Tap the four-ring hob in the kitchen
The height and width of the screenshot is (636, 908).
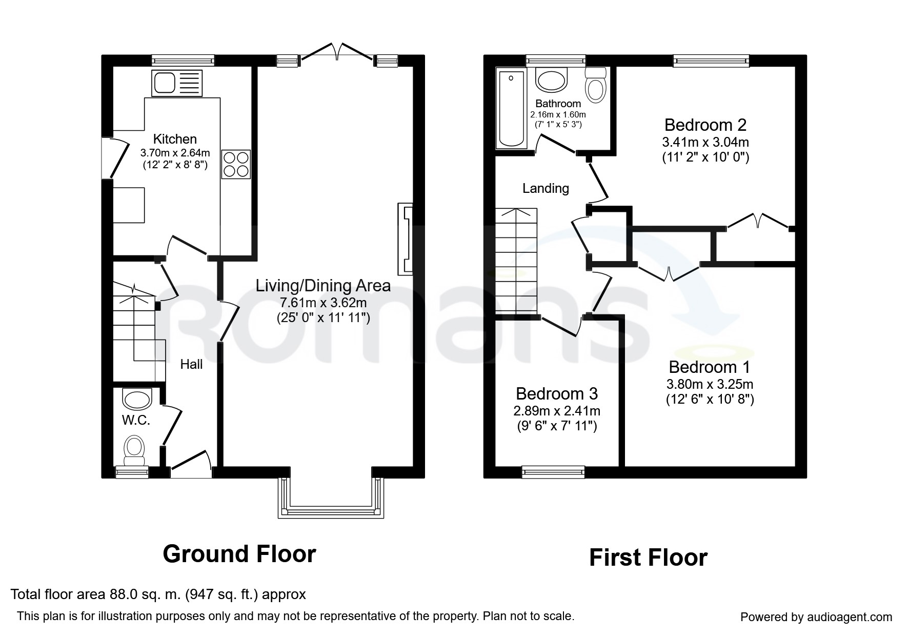coord(236,164)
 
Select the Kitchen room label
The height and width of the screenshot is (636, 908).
coord(175,139)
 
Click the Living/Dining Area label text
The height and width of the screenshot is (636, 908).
coord(323,286)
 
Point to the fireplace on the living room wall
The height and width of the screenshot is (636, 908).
coord(405,239)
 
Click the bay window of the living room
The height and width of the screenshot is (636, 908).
coord(331,498)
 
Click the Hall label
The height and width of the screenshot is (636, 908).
coord(191,364)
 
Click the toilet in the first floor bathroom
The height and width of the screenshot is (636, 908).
coord(596,86)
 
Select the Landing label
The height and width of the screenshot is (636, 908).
coord(546,189)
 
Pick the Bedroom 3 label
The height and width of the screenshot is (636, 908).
coord(557,393)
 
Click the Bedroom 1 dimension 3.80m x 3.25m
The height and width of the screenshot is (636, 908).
coord(710,384)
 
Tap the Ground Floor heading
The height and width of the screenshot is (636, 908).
coord(239,554)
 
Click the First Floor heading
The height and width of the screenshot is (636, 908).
coord(649,558)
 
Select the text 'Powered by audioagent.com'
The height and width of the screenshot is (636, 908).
coord(816,617)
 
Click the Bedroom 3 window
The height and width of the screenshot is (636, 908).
coord(553,472)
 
